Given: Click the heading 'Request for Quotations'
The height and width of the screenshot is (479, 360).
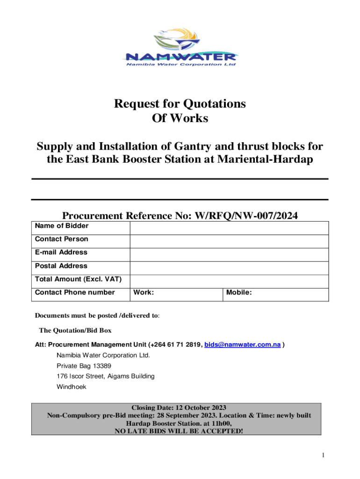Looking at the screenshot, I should click(x=180, y=103).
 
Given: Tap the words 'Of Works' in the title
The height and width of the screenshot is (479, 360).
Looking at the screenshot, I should click(x=180, y=118).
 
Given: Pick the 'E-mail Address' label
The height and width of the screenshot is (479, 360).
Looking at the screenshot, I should click(x=61, y=252).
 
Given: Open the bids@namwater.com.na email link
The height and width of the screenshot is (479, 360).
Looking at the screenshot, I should click(x=243, y=345).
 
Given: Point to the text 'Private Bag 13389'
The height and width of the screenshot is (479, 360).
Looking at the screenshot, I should click(x=84, y=366).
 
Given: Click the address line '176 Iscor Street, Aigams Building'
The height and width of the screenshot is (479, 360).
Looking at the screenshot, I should click(x=105, y=376).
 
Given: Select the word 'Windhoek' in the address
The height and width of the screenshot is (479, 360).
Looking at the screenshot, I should click(x=72, y=387).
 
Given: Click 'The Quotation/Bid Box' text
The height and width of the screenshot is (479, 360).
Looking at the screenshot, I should click(x=75, y=331).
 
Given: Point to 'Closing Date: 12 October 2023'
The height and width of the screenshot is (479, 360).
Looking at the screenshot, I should click(x=180, y=407).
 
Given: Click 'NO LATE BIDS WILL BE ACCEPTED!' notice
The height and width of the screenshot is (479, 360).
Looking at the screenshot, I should click(x=180, y=430).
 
